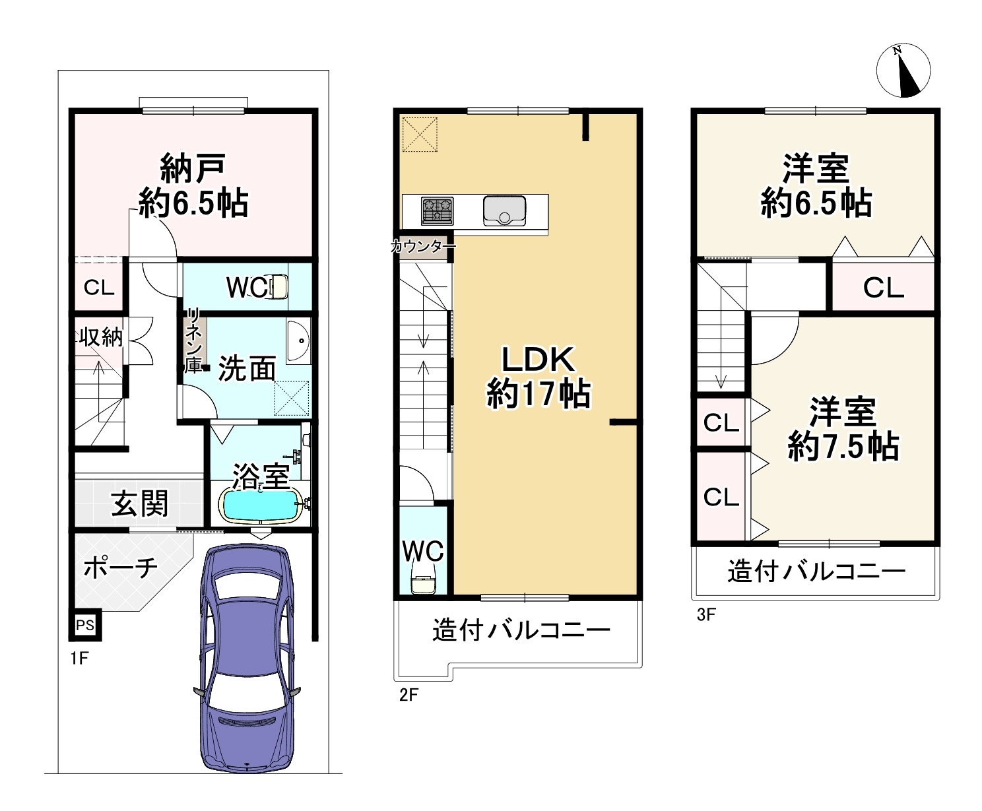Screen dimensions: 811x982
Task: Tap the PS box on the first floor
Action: (x=85, y=624)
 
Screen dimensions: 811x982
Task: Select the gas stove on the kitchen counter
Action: (x=437, y=211)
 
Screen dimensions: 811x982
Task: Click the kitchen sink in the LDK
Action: (x=504, y=211)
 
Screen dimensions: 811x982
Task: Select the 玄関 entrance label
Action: (x=139, y=504)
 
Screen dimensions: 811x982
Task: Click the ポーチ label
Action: (x=120, y=568)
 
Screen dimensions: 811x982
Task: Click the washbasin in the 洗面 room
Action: (x=298, y=341)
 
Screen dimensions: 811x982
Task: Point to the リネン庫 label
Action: (x=193, y=341)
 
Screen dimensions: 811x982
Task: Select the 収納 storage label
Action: (x=101, y=337)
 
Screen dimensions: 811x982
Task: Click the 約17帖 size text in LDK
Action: (x=538, y=395)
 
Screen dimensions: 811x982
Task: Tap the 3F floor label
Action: (x=705, y=615)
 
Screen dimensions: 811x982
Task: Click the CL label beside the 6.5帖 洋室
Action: (x=883, y=288)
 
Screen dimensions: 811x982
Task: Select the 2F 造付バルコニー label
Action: (x=521, y=631)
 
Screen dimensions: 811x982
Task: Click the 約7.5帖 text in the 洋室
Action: (x=843, y=447)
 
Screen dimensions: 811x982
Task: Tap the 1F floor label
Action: (x=79, y=659)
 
